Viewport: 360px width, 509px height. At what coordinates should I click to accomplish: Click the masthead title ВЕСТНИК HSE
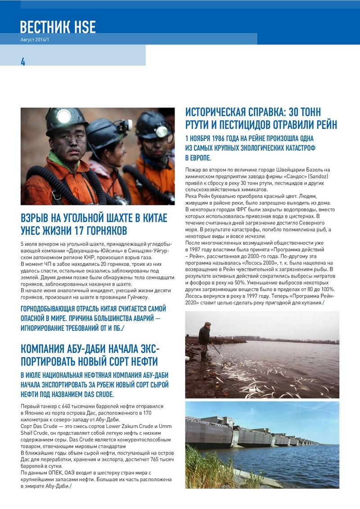[x=58, y=27]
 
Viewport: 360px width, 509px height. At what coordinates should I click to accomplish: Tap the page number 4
[x=23, y=62]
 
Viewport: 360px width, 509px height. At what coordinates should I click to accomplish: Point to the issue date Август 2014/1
[x=36, y=40]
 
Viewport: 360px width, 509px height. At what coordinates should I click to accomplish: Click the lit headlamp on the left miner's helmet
[x=63, y=116]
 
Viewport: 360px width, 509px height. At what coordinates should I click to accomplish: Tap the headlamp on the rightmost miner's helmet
[x=161, y=131]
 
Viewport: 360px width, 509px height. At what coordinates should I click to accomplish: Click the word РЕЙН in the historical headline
[x=323, y=124]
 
